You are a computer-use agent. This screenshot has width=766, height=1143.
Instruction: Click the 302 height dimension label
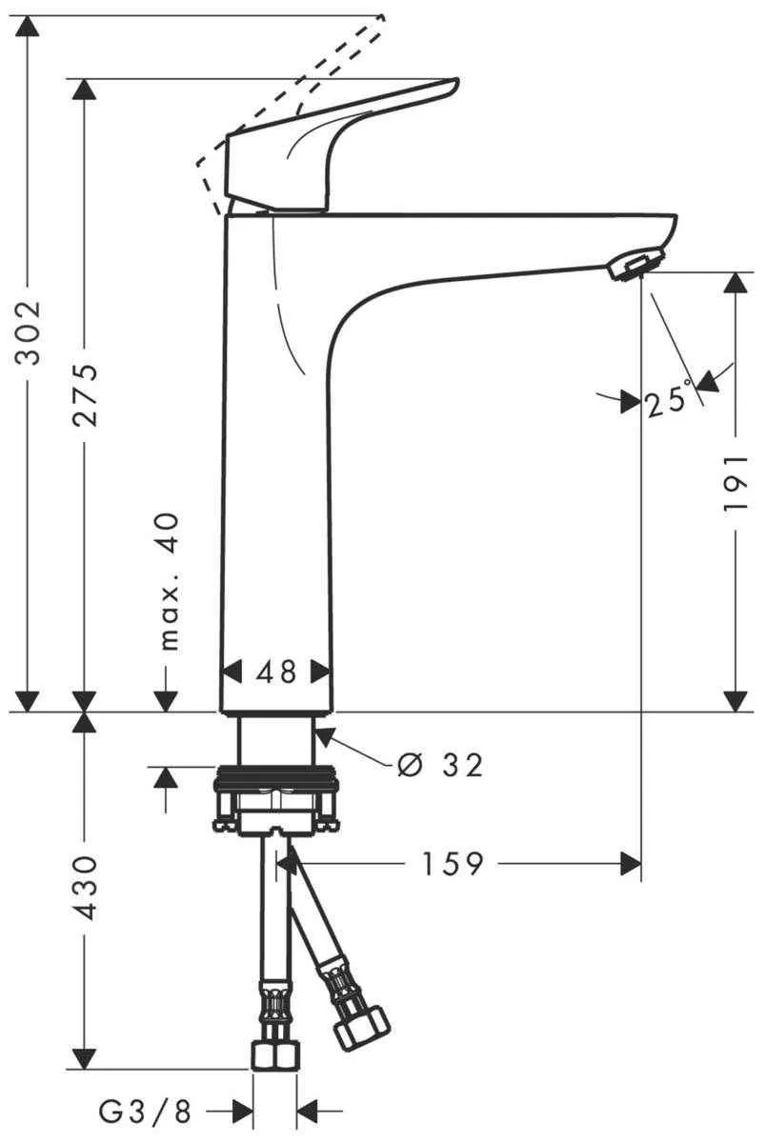[30, 332]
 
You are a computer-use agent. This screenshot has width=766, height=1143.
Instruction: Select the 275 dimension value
[86, 393]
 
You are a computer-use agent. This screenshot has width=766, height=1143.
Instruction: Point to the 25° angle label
[667, 402]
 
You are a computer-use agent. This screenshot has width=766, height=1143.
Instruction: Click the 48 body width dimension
[276, 672]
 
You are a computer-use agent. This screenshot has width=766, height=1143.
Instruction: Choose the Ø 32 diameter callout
[440, 764]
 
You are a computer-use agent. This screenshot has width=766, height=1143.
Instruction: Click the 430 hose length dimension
[86, 888]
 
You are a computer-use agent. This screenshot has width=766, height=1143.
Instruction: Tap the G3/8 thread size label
[145, 1110]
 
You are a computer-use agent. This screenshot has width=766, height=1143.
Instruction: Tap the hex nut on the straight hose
[274, 1054]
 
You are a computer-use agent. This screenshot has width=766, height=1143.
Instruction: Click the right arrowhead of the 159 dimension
[630, 864]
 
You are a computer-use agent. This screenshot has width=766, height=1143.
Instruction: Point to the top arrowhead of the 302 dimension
[30, 29]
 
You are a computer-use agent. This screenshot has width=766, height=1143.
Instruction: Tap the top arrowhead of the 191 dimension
[735, 283]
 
